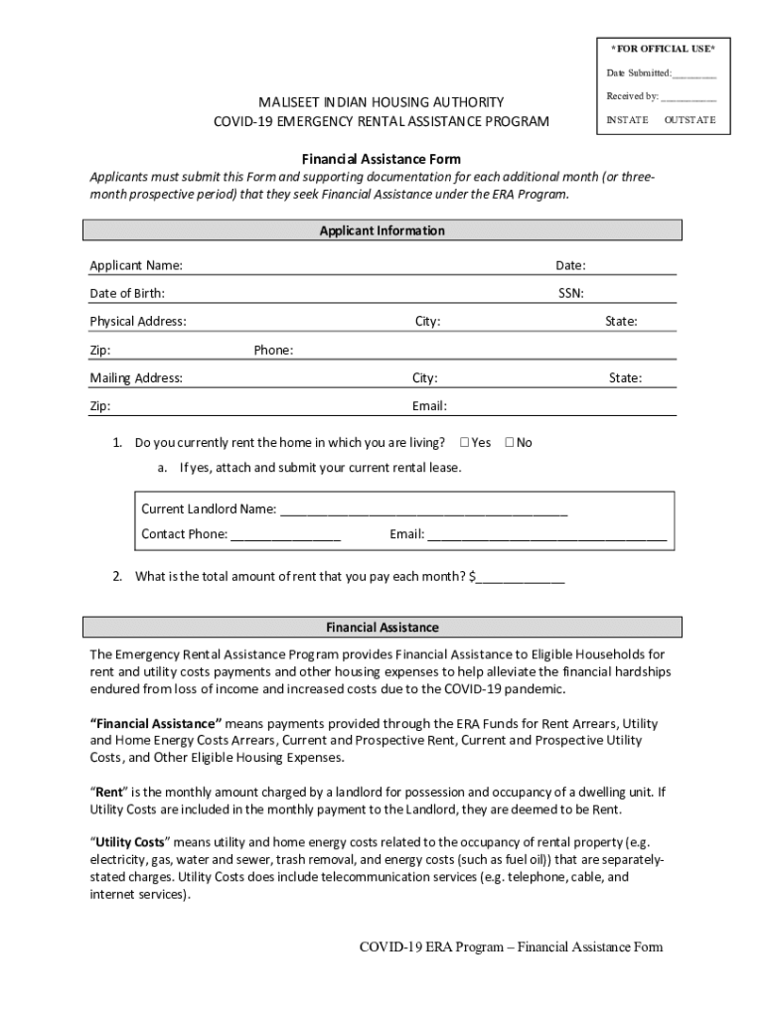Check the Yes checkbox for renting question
tap(465, 442)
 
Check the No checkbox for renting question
tap(510, 442)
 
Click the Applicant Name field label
tap(135, 265)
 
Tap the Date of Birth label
tap(127, 293)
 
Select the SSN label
tap(570, 293)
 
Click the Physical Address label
tap(137, 321)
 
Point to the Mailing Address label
tap(135, 377)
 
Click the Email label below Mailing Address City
tap(429, 405)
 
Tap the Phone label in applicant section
tap(273, 350)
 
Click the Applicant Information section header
tap(382, 230)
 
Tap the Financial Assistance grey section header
tap(382, 628)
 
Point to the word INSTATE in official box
tap(627, 120)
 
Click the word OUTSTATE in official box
tap(688, 120)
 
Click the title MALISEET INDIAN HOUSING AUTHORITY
tap(382, 102)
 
